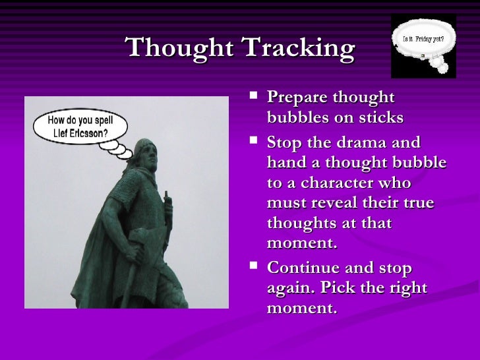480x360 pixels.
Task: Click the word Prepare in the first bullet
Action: point(299,98)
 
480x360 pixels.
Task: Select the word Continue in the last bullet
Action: point(303,268)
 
